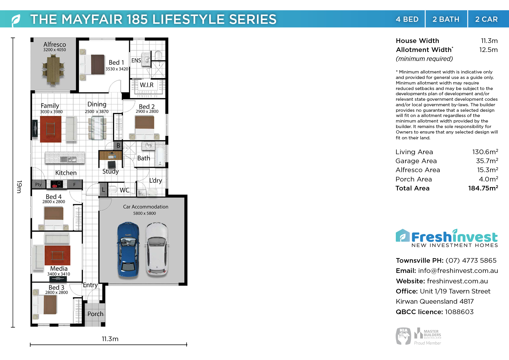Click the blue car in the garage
pyautogui.click(x=128, y=249)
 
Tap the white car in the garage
pyautogui.click(x=157, y=249)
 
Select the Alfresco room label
pyautogui.click(x=55, y=44)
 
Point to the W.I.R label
pyautogui.click(x=147, y=85)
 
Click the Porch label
pyautogui.click(x=95, y=314)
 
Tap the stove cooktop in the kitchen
pyautogui.click(x=57, y=184)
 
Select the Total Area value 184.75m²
pyautogui.click(x=483, y=188)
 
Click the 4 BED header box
pyautogui.click(x=407, y=19)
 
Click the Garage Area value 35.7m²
pyautogui.click(x=487, y=161)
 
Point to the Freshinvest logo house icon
pyautogui.click(x=403, y=235)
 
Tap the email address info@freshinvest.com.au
pyautogui.click(x=458, y=271)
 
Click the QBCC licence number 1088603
pyautogui.click(x=459, y=312)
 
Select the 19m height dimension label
pyautogui.click(x=19, y=187)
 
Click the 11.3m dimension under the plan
pyautogui.click(x=110, y=339)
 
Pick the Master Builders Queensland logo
pyautogui.click(x=427, y=336)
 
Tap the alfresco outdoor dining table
pyautogui.click(x=53, y=70)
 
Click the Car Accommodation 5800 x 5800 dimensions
pyautogui.click(x=145, y=213)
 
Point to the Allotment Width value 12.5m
pyautogui.click(x=488, y=50)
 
